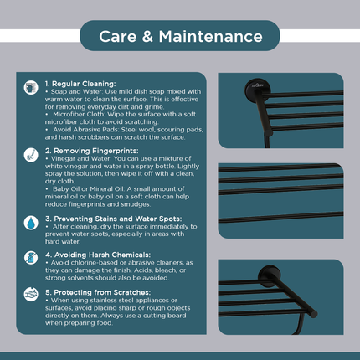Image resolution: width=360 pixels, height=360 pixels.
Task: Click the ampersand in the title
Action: click(x=147, y=37)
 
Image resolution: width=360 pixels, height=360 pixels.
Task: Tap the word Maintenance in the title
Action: click(x=211, y=37)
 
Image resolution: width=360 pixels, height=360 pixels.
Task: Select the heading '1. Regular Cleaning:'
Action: click(x=80, y=84)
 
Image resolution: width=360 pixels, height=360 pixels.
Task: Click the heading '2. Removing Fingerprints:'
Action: click(x=92, y=151)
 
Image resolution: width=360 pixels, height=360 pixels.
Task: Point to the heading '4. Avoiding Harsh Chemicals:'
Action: click(x=98, y=255)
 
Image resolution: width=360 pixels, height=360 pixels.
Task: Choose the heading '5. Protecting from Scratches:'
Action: click(x=98, y=292)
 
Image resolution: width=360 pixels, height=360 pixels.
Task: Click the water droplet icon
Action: click(x=31, y=223)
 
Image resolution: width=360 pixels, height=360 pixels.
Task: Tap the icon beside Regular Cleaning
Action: click(x=31, y=88)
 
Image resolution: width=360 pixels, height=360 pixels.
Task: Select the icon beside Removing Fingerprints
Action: click(x=31, y=155)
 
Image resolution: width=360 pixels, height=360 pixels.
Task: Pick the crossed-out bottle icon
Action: click(x=31, y=258)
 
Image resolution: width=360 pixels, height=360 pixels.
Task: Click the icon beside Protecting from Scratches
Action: click(x=31, y=294)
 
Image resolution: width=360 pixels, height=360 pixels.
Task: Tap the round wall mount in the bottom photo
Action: click(x=270, y=276)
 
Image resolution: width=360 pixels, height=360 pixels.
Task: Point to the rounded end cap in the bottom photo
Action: click(x=313, y=314)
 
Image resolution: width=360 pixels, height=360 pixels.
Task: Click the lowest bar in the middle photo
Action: click(x=280, y=217)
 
